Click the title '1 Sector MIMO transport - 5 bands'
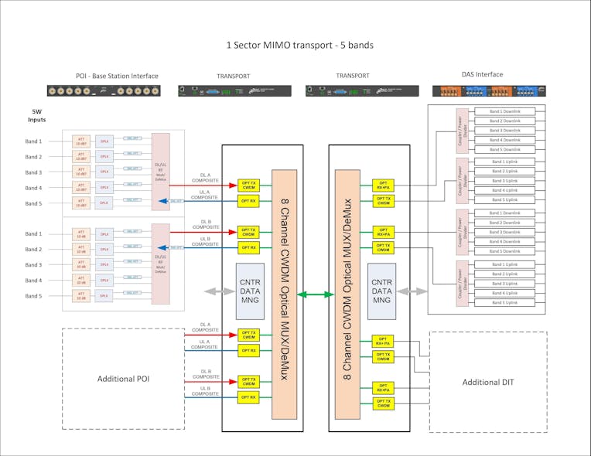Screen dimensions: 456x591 299,46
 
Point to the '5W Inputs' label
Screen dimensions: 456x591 37,116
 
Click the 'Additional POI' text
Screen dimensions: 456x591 123,379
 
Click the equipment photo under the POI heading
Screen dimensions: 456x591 104,90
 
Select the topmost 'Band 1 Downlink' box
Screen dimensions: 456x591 507,112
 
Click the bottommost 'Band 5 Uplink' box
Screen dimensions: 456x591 507,302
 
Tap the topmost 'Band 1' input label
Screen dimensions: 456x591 33,141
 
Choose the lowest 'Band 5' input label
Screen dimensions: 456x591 33,296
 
